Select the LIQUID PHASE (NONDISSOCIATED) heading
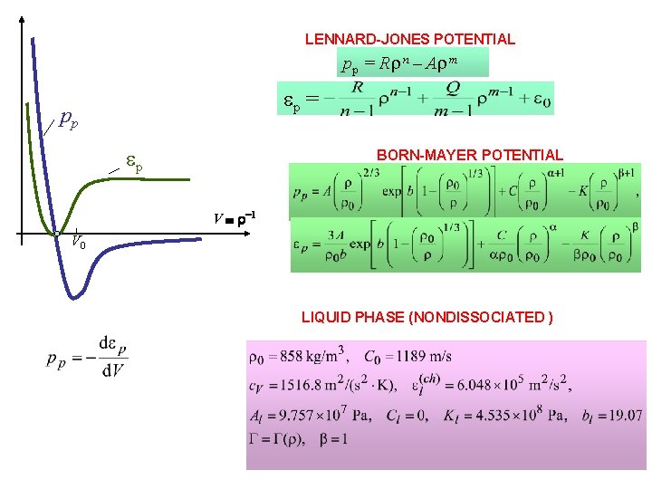tap(427, 317)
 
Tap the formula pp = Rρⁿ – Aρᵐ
tap(413, 63)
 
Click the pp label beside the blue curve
tap(67, 119)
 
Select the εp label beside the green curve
tap(134, 166)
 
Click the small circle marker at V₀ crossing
tap(57, 235)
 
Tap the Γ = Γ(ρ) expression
tap(275, 440)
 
